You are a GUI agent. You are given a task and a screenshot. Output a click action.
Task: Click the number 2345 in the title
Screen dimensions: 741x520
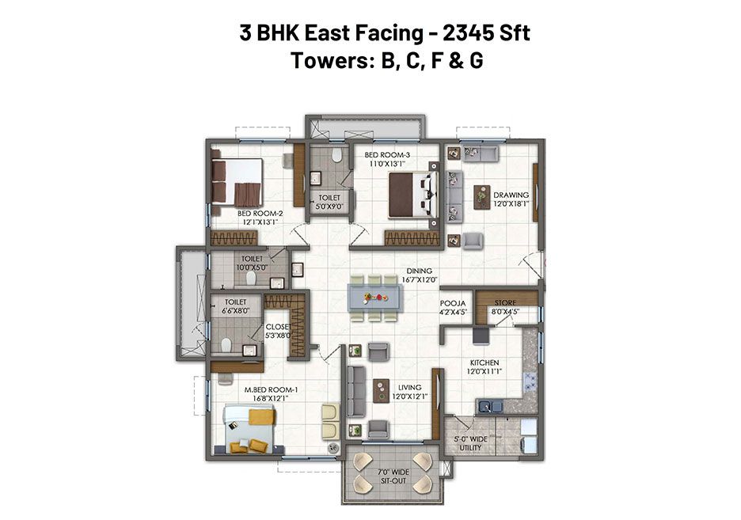click(466, 32)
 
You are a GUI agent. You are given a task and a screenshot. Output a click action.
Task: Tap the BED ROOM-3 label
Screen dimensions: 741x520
click(387, 155)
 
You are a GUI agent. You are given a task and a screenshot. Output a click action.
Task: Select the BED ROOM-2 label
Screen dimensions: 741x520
click(260, 214)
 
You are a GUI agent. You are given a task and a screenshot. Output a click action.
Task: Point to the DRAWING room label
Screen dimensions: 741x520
click(511, 195)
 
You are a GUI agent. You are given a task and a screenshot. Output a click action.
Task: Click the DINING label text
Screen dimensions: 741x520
click(420, 271)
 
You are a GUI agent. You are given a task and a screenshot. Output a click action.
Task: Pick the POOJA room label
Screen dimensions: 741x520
click(453, 303)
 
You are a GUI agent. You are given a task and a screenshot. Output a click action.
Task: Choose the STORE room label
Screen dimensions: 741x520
click(506, 303)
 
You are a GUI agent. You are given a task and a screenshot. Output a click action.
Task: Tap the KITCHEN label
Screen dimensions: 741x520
click(484, 362)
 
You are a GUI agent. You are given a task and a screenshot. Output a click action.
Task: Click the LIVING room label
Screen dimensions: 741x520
click(410, 387)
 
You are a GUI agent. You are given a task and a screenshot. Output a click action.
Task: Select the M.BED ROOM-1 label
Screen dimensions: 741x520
click(271, 389)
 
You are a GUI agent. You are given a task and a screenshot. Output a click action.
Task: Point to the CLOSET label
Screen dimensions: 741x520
click(278, 327)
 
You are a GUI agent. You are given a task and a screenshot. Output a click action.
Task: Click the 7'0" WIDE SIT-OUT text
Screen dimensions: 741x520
click(393, 476)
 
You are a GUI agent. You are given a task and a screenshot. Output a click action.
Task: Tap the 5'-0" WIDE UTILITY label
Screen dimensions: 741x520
click(471, 443)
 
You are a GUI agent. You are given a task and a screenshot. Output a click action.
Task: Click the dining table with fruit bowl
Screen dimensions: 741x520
click(375, 298)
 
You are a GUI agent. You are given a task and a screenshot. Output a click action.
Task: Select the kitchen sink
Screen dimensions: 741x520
click(489, 406)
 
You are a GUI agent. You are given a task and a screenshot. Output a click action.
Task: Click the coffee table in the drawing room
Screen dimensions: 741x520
click(481, 196)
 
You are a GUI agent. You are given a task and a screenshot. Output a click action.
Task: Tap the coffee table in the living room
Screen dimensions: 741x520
click(381, 390)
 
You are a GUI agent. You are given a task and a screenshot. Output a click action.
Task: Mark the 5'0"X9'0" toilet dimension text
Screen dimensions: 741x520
click(329, 207)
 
